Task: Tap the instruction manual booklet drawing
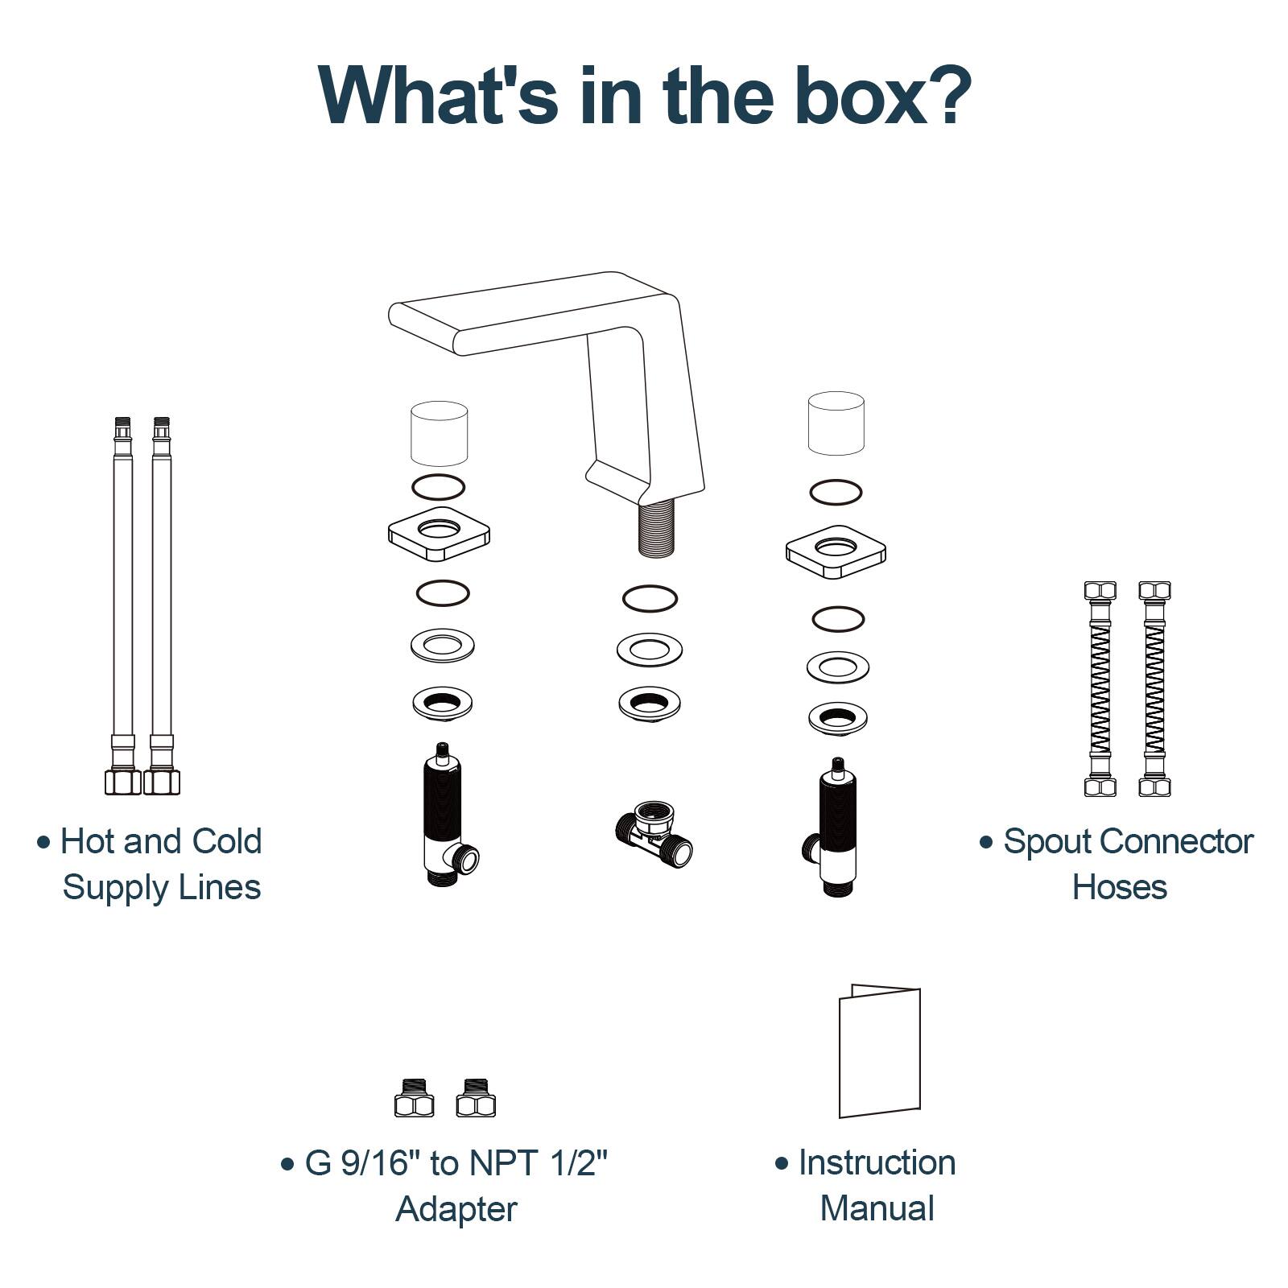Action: [x=878, y=1051]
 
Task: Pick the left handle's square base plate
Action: [x=439, y=535]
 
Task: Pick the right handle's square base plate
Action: [x=836, y=552]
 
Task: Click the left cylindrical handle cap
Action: [x=439, y=433]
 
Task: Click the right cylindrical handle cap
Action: [x=836, y=423]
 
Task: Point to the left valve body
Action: [x=443, y=817]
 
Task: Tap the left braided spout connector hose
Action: [x=1100, y=689]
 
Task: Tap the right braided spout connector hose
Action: [x=1154, y=689]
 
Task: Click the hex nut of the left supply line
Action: [x=122, y=781]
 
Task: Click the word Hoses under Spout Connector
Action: [x=1119, y=887]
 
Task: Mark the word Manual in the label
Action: [x=877, y=1208]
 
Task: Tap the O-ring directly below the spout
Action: [x=650, y=598]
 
